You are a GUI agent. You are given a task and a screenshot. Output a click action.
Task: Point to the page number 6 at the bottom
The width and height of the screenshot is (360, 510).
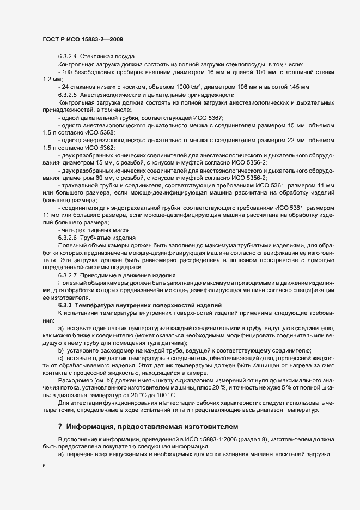[x=44, y=466]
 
